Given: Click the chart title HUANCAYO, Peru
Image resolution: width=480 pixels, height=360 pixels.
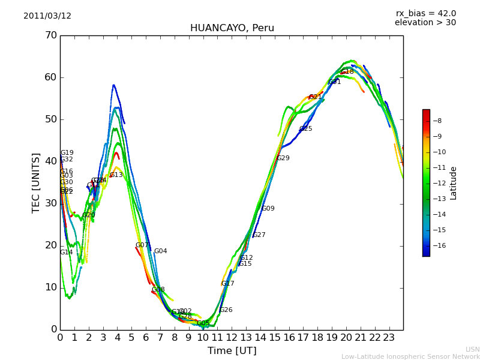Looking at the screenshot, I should point(232,28).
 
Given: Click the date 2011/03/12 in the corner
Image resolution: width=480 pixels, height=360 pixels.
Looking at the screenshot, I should point(47,16).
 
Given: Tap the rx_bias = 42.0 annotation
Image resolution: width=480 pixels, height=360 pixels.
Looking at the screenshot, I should point(425,13).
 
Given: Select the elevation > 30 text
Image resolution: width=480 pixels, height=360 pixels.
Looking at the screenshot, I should point(425,23).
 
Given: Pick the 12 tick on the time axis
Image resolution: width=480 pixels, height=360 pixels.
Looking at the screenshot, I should point(232,338).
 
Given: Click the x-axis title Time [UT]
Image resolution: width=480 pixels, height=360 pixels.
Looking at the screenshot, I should point(232,351).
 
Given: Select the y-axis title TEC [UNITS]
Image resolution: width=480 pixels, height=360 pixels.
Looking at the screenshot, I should point(36,182).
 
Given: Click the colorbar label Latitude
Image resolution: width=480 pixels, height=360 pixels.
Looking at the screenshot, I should point(454,183).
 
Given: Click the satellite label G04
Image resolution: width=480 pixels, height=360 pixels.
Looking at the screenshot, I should point(160,251).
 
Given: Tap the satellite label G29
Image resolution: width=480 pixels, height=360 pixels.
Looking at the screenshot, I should point(283,158).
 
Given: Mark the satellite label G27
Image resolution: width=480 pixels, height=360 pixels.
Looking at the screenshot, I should point(259,235).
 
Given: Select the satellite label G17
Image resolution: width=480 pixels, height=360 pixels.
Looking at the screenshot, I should point(227,284).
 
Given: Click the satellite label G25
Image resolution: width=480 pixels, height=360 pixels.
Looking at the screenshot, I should point(305,129).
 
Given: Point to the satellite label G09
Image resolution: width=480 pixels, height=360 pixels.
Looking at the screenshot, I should point(268,209).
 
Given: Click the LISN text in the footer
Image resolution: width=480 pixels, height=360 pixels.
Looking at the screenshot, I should point(472,349).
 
